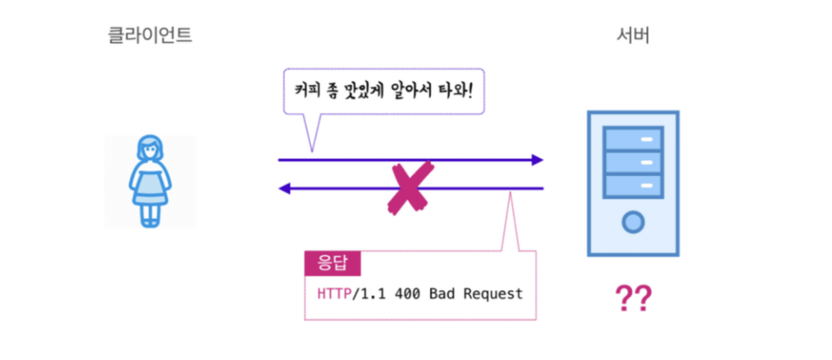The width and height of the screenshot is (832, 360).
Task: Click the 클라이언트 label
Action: (150, 35)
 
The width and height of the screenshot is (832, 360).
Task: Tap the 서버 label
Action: (632, 35)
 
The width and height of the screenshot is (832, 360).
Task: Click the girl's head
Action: (150, 148)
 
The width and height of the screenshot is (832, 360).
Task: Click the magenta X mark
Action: (410, 188)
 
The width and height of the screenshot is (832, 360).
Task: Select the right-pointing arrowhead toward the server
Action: (537, 160)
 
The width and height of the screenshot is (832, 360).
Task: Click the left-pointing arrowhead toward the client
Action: (285, 188)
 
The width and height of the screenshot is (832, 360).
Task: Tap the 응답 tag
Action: (333, 263)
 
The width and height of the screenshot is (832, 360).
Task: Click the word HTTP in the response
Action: (334, 294)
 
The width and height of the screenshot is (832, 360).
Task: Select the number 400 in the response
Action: (407, 294)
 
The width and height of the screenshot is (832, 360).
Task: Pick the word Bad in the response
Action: (441, 294)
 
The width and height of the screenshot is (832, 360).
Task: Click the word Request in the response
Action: (493, 294)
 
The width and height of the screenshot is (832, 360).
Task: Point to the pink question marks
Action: (633, 298)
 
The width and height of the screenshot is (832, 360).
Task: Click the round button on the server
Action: (633, 222)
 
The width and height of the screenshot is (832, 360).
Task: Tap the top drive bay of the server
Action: (633, 139)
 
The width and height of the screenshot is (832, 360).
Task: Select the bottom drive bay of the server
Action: (633, 186)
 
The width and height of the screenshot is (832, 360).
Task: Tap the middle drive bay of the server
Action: (633, 162)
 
